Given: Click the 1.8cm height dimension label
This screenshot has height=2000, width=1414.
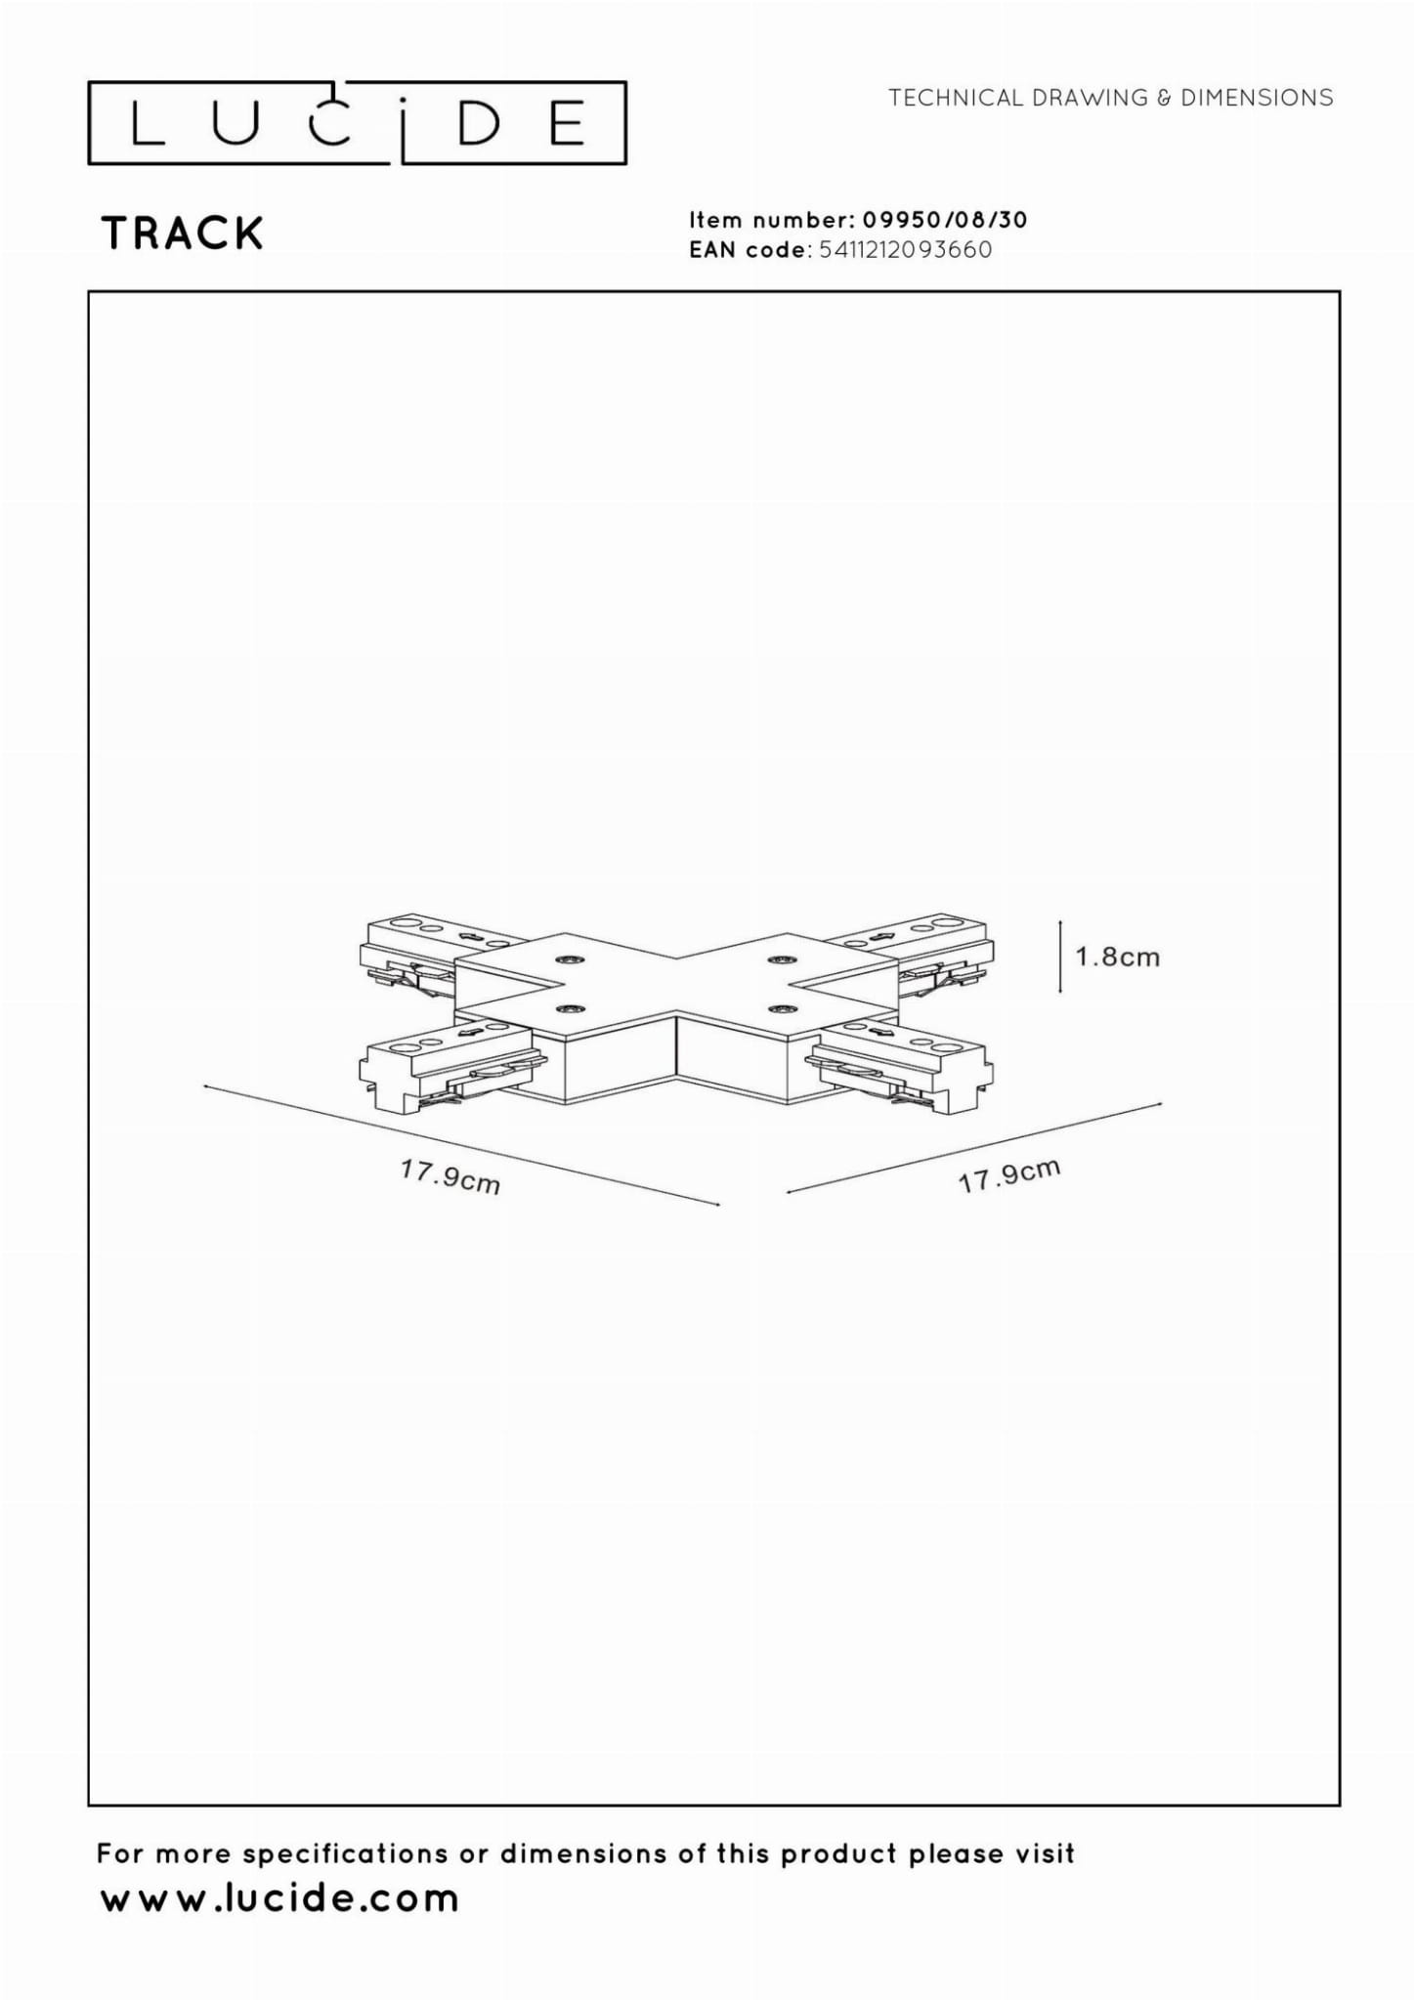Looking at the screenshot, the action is (1118, 957).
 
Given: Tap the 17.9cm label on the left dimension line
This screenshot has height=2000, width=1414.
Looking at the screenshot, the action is (450, 1176).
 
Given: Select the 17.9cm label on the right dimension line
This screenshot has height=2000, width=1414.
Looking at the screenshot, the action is (1008, 1176).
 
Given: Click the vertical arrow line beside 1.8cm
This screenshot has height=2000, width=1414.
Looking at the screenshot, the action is (1060, 956).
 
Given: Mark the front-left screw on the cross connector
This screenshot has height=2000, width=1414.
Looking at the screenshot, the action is (566, 1006).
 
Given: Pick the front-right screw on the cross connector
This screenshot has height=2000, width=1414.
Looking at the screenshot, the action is (780, 1006).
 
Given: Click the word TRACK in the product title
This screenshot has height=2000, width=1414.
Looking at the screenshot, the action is (183, 234).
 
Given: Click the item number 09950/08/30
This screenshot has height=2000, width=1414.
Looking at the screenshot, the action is (944, 220).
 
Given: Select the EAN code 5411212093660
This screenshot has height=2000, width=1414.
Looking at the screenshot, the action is (906, 250).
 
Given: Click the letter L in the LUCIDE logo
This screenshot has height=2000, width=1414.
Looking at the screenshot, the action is (148, 123).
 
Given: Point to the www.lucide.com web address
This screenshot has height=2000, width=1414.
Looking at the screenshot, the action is (279, 1898).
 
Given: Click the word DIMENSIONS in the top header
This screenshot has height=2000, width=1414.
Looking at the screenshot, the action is (1257, 98).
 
